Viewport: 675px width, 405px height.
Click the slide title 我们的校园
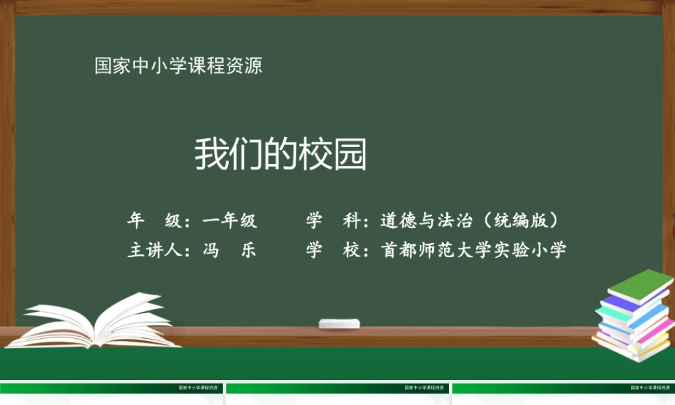point(281,155)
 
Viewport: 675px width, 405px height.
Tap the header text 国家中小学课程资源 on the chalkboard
point(178,66)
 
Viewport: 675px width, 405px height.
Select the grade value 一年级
point(230,220)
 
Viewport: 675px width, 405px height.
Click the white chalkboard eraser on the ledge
point(340,323)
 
